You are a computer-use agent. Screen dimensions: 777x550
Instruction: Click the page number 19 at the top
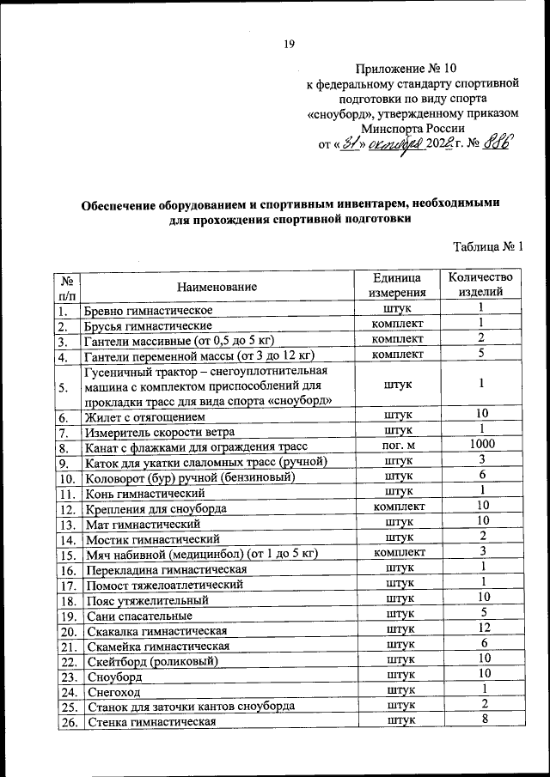[289, 46]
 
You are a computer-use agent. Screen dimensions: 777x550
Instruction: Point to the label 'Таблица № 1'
[488, 247]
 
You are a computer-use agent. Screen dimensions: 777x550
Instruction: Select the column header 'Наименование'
[217, 285]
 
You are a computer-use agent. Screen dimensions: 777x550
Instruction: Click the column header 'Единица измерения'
[396, 285]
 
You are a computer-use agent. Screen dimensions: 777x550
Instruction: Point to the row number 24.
[68, 691]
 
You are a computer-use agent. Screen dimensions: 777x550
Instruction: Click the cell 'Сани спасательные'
[138, 615]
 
